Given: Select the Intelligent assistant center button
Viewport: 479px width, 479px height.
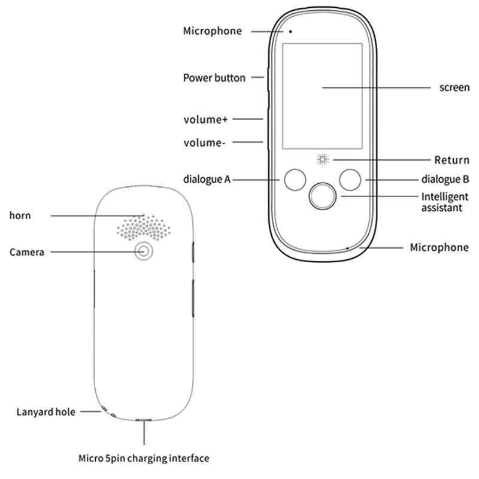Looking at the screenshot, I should pos(322,196).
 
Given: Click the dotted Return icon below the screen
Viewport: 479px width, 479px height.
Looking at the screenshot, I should pos(323,160).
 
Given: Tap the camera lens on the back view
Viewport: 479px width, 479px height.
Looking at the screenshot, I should pos(143,251).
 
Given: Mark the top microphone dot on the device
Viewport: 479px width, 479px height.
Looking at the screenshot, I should pos(291,31).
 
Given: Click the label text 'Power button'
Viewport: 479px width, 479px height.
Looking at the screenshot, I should pos(214,78).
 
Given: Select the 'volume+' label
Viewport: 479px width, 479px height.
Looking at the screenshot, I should pos(205,119).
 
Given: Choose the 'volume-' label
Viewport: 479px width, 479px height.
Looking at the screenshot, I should pos(204,143).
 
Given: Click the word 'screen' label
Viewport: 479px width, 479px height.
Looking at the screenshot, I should pos(454,87).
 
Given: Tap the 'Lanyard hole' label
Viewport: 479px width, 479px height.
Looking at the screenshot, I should pos(46,412).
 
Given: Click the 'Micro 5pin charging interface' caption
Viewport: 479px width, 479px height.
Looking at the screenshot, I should pos(144,459).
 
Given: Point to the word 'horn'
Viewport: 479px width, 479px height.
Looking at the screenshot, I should pos(20,215).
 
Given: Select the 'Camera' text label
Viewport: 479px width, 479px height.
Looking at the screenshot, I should pos(27,252).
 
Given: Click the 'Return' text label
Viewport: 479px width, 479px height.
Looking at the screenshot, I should pos(451,160).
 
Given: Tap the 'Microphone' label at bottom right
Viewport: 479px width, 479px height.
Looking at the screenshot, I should pos(439,247).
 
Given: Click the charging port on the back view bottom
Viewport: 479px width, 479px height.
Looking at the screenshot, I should pos(144,420).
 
